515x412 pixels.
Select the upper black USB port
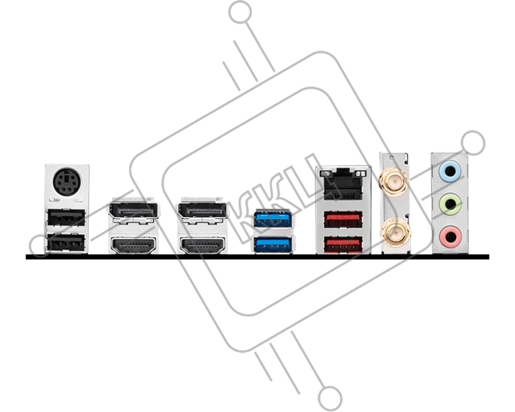(67, 218)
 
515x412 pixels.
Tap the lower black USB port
(67, 242)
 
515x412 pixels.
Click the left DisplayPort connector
(133, 211)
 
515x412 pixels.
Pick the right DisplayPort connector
(202, 211)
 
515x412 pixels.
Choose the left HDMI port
(133, 245)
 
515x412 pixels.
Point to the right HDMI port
(203, 245)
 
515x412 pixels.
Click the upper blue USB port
(273, 219)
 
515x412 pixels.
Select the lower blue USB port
(273, 244)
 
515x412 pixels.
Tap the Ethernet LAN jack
(343, 184)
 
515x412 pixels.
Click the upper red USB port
(343, 220)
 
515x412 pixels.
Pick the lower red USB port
(343, 244)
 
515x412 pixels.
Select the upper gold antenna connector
(394, 181)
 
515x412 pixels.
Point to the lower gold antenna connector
(395, 233)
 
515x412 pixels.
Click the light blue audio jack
(450, 170)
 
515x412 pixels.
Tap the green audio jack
(450, 204)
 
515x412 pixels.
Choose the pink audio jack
(450, 236)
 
